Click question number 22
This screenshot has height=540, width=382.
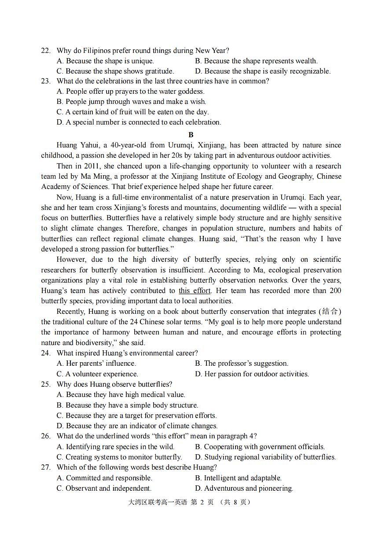(46, 51)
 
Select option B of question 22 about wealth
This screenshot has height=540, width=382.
(256, 61)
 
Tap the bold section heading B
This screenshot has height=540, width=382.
(191, 135)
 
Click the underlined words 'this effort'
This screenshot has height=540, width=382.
(195, 290)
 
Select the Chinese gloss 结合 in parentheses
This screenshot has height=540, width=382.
(331, 312)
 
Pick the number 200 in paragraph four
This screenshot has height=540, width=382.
(335, 290)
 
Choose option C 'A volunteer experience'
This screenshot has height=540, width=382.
(97, 374)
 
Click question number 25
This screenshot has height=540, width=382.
(46, 384)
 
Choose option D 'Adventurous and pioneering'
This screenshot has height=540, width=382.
(244, 489)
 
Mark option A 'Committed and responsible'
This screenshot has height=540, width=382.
(104, 478)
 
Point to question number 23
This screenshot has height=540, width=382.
(46, 81)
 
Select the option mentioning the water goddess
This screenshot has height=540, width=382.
(131, 92)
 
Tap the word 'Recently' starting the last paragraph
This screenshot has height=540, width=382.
(71, 312)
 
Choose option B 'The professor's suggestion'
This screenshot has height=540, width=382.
(242, 364)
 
